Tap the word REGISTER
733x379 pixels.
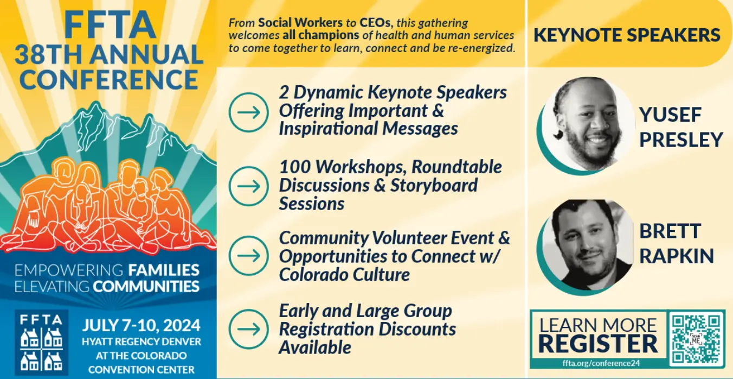tap(598, 344)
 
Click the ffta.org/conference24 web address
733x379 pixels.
tap(601, 363)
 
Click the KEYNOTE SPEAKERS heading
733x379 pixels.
tap(627, 35)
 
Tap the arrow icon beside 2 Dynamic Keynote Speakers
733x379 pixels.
tap(249, 112)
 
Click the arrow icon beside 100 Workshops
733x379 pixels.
tap(249, 186)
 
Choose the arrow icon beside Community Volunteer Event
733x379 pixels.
tap(249, 256)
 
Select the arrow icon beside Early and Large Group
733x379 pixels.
tap(249, 329)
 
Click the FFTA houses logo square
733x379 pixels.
tap(41, 342)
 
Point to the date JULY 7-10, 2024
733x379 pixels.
tap(142, 325)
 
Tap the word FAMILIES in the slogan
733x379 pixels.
tap(164, 270)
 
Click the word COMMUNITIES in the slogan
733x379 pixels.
tap(146, 287)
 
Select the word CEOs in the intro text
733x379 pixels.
tap(375, 23)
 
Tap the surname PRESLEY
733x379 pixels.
tap(681, 140)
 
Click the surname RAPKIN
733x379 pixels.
tap(677, 256)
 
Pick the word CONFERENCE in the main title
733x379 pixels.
tap(109, 80)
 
